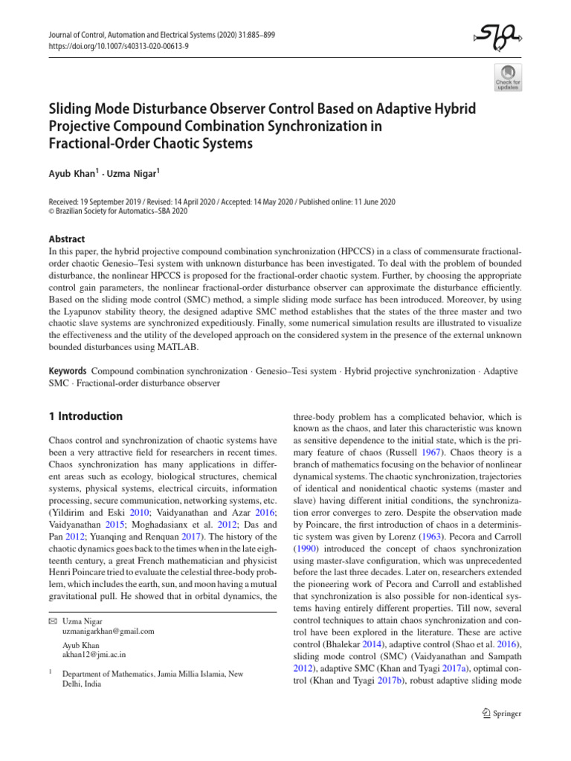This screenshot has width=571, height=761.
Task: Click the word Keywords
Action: pos(66,370)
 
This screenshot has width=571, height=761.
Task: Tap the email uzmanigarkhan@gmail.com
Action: pos(108,631)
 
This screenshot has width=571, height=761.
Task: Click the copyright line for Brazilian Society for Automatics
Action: pos(117,211)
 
